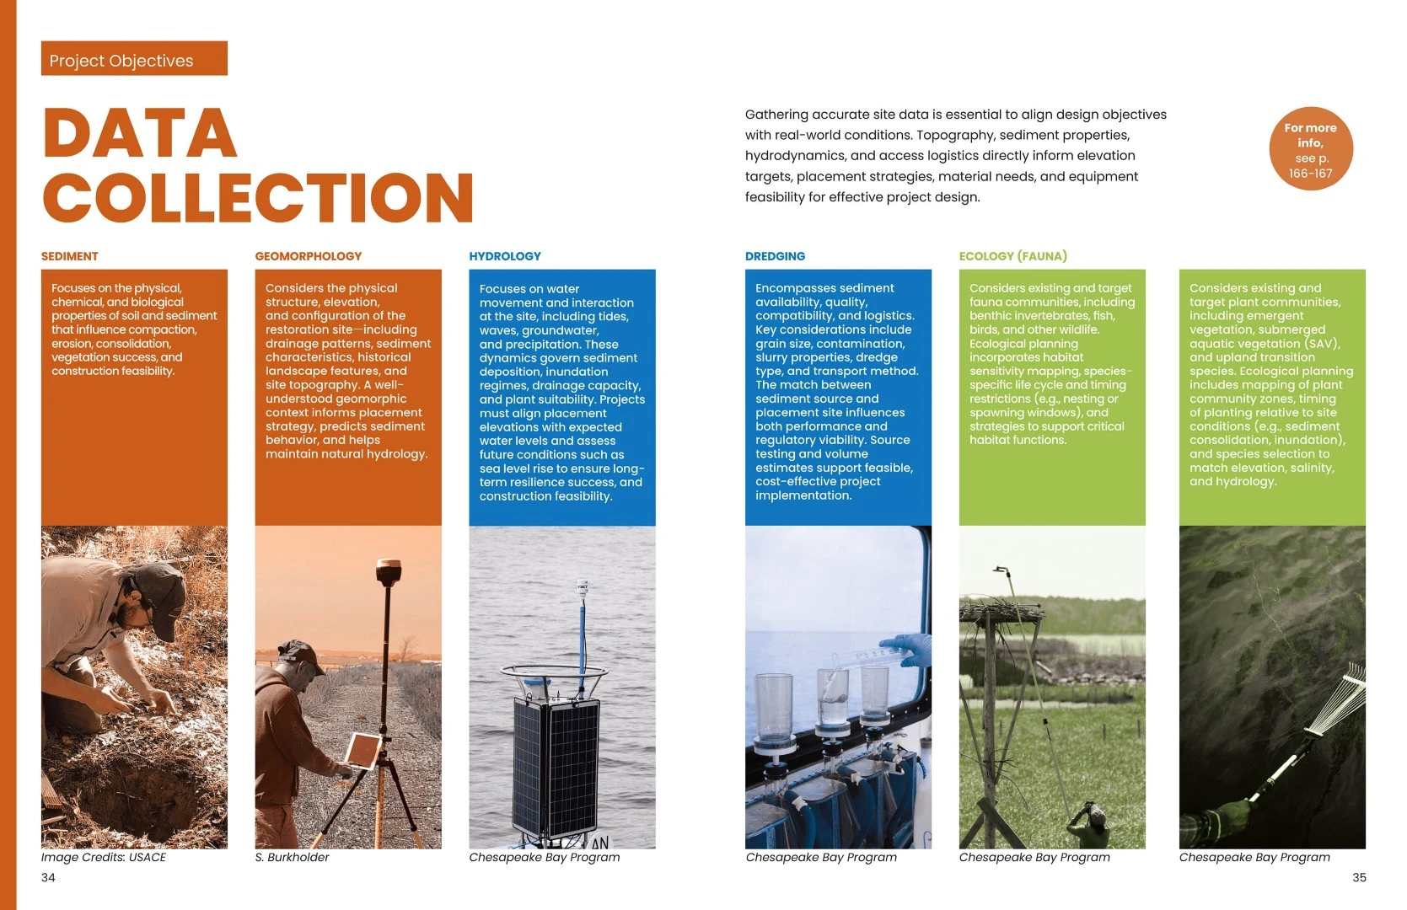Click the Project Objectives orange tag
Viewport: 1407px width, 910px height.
click(134, 58)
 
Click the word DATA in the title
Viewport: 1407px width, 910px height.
click(140, 133)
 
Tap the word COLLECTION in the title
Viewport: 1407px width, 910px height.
click(258, 197)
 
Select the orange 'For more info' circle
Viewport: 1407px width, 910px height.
click(1311, 149)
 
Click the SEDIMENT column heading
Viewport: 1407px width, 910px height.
click(70, 256)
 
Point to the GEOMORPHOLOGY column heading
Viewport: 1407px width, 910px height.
click(309, 256)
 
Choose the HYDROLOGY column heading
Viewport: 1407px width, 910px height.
click(505, 256)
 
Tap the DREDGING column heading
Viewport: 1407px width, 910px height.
click(775, 256)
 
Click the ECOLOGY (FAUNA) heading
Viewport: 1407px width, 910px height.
click(1013, 256)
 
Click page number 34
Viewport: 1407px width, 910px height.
click(48, 877)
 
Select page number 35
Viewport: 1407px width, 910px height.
click(1359, 877)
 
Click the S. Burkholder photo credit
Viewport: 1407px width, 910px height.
click(292, 857)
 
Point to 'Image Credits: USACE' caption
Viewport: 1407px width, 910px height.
click(104, 857)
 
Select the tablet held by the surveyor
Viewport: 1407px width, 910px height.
click(362, 751)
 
